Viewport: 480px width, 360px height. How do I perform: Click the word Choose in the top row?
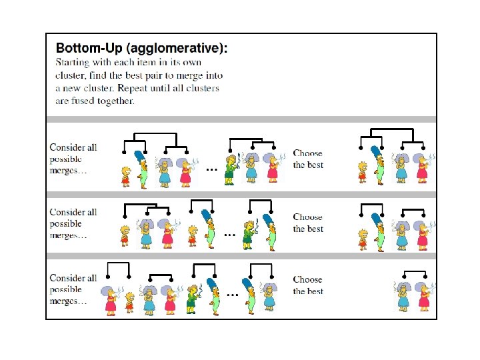(307, 153)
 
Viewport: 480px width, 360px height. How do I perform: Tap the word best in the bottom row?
(315, 291)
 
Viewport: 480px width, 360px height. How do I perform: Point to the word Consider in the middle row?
(73, 212)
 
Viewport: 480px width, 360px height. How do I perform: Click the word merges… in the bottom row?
(68, 301)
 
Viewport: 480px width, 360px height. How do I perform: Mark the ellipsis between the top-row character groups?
(211, 169)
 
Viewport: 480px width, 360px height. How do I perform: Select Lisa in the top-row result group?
(362, 171)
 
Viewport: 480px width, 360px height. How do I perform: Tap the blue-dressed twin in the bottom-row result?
(403, 297)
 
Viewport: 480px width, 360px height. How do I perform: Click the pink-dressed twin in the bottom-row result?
(423, 297)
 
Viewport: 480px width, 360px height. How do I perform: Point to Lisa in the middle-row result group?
(363, 237)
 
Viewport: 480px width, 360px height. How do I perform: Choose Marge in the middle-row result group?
(379, 231)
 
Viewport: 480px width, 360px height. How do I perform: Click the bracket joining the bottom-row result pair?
(415, 271)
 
